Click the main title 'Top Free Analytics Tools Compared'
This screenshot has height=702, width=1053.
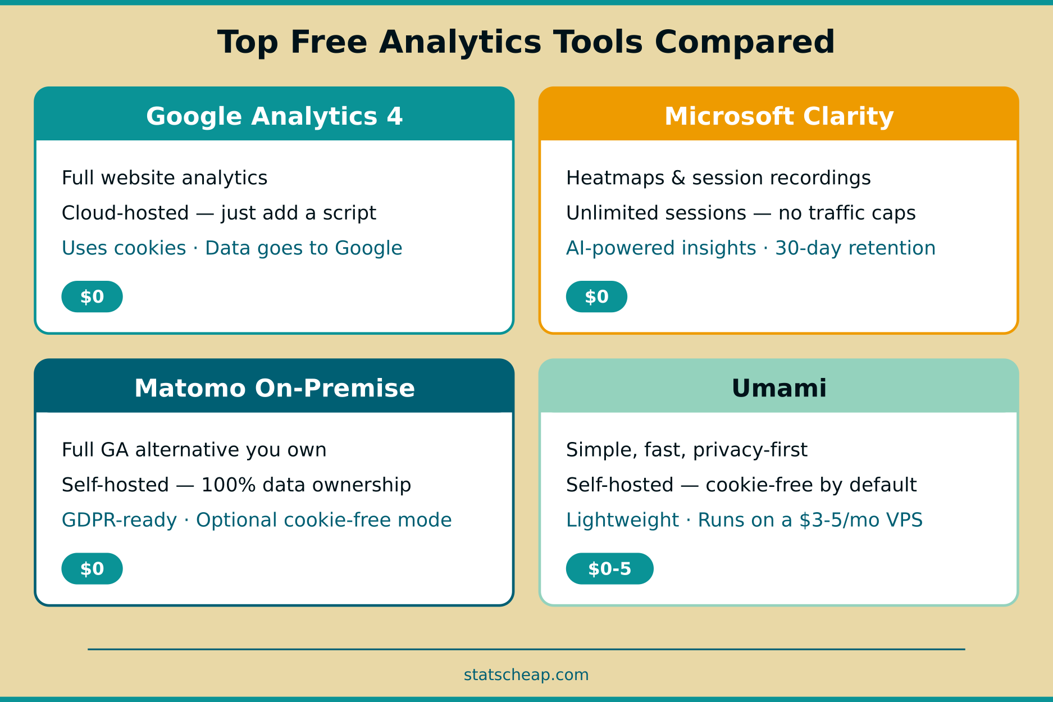click(526, 42)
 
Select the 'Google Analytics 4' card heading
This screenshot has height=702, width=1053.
click(274, 116)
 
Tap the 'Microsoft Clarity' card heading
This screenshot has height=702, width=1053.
click(779, 116)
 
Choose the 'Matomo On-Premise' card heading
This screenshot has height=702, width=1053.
click(274, 388)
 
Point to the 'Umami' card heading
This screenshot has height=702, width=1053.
click(779, 388)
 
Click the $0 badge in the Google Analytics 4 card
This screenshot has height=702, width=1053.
click(92, 297)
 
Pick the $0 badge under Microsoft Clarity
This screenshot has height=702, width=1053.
click(596, 297)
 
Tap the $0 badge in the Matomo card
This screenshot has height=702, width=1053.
click(92, 568)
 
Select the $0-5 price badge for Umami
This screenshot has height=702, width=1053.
click(609, 568)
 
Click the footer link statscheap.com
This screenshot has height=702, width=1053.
click(526, 674)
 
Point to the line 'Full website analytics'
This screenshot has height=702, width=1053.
click(165, 178)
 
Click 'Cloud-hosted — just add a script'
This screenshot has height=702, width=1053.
click(219, 213)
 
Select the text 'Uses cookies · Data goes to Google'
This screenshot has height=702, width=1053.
click(232, 248)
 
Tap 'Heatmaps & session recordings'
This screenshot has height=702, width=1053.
click(718, 178)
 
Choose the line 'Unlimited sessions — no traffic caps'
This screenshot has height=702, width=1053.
click(741, 213)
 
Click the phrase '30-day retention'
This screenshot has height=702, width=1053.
click(855, 248)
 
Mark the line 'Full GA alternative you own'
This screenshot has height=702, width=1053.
click(194, 450)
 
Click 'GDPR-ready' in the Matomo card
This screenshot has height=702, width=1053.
click(119, 520)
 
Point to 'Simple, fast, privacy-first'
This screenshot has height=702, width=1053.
click(686, 450)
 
